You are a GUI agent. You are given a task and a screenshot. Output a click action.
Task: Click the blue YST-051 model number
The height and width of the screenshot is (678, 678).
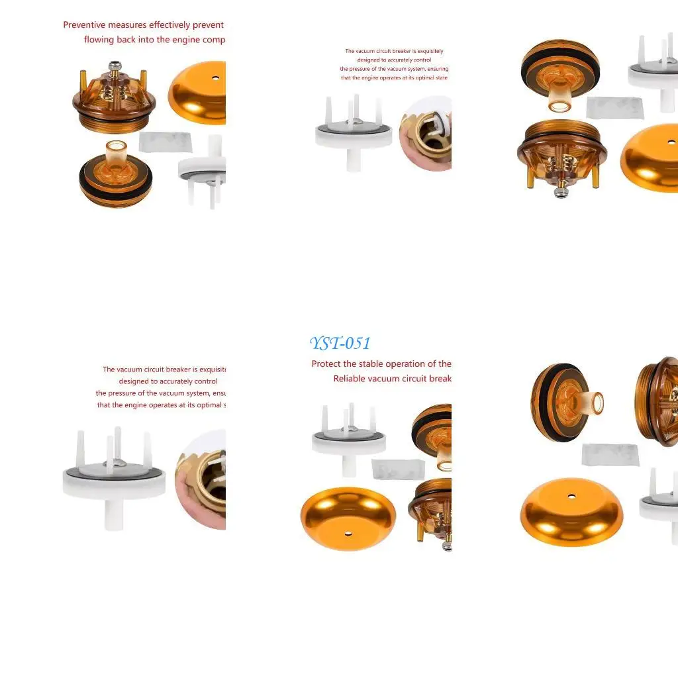340,343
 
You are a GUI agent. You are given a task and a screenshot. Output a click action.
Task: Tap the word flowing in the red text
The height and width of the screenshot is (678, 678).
99,40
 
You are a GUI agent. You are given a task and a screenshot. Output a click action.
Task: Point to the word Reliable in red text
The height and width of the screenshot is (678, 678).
350,379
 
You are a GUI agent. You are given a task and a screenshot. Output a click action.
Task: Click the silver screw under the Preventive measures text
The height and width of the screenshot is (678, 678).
116,66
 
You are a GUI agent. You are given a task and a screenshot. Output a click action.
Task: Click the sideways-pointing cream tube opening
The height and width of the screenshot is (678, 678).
597,402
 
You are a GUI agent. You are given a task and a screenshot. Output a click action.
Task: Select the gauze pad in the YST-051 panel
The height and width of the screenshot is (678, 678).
397,469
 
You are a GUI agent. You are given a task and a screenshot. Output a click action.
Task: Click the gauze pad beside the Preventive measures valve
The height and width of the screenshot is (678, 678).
166,142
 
